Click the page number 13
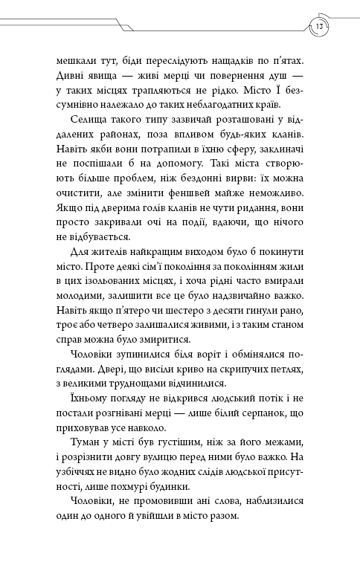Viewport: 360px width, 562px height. [x=318, y=28]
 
